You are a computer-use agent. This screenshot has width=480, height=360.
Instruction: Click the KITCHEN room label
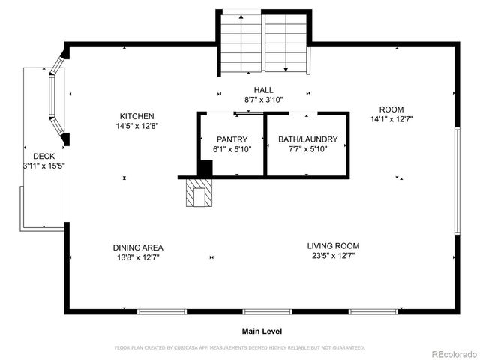point(137,116)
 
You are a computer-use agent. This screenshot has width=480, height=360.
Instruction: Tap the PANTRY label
point(232,139)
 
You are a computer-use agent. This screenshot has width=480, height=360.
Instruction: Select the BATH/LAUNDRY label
point(307,139)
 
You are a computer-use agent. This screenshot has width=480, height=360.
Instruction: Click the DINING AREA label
point(138,247)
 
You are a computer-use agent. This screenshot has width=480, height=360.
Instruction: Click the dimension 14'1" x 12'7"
point(391,119)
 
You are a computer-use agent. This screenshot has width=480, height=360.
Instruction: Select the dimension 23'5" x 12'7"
point(333,256)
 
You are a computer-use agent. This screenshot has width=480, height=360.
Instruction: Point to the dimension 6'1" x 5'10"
point(232,149)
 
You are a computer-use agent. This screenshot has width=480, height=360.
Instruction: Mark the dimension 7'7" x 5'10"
point(307,149)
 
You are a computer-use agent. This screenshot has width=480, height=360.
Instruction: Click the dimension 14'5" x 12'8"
point(137,126)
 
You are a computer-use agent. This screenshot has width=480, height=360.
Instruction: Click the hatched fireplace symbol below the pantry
point(199,193)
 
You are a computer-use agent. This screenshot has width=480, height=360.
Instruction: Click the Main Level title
point(261,331)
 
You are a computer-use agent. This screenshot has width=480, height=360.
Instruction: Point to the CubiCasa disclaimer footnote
point(239,348)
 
